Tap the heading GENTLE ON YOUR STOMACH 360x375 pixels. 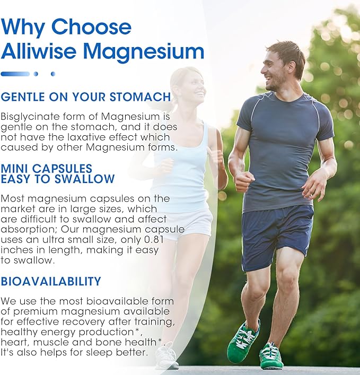click(x=86, y=97)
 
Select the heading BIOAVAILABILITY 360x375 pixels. click(x=51, y=281)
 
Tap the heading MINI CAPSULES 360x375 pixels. click(x=47, y=169)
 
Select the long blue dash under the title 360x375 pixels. click(x=15, y=74)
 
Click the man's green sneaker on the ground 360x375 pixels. click(x=271, y=356)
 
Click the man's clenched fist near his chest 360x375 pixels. click(x=244, y=181)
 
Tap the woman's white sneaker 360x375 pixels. click(x=167, y=355)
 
